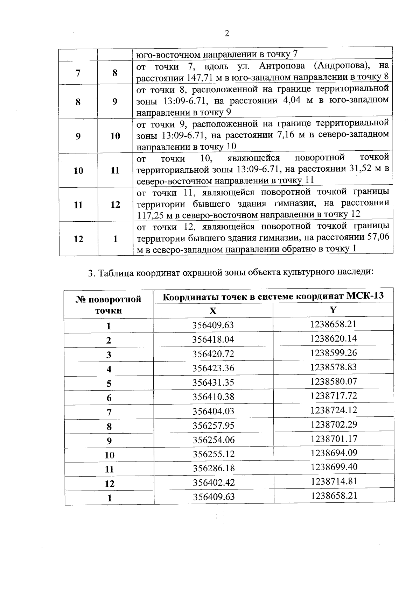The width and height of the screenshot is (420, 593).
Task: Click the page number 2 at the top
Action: (227, 34)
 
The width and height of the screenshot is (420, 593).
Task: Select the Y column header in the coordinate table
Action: (333, 310)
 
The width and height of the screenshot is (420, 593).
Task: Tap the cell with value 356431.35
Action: (213, 383)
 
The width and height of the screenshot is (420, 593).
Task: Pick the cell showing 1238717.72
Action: (333, 396)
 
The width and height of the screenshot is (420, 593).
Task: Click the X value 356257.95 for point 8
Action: (213, 426)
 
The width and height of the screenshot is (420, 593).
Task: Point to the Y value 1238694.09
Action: (334, 453)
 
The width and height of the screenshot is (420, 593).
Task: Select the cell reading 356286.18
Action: (213, 468)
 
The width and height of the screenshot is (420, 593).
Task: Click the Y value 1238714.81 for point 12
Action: (334, 481)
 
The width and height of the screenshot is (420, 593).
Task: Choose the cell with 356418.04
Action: (213, 340)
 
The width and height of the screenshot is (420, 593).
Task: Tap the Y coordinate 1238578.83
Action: (333, 367)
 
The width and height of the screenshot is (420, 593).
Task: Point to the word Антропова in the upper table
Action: (282, 66)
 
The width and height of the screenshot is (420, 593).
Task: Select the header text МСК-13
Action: (365, 296)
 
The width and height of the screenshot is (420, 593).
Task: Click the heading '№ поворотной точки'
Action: (108, 305)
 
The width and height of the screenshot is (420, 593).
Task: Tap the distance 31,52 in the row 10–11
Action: (362, 169)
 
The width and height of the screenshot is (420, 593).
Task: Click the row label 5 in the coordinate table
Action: (109, 384)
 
